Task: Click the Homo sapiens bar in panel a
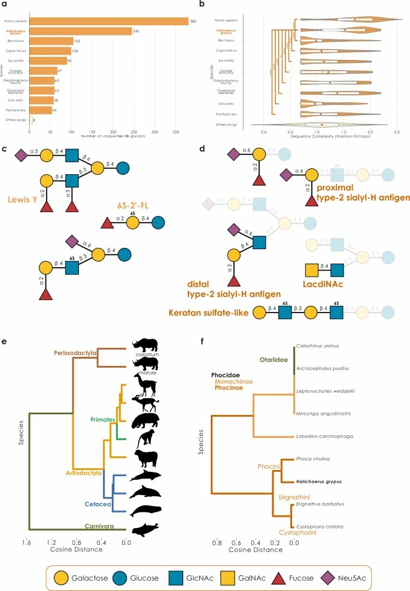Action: click(x=120, y=22)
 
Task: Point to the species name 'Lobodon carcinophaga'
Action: click(x=324, y=436)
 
